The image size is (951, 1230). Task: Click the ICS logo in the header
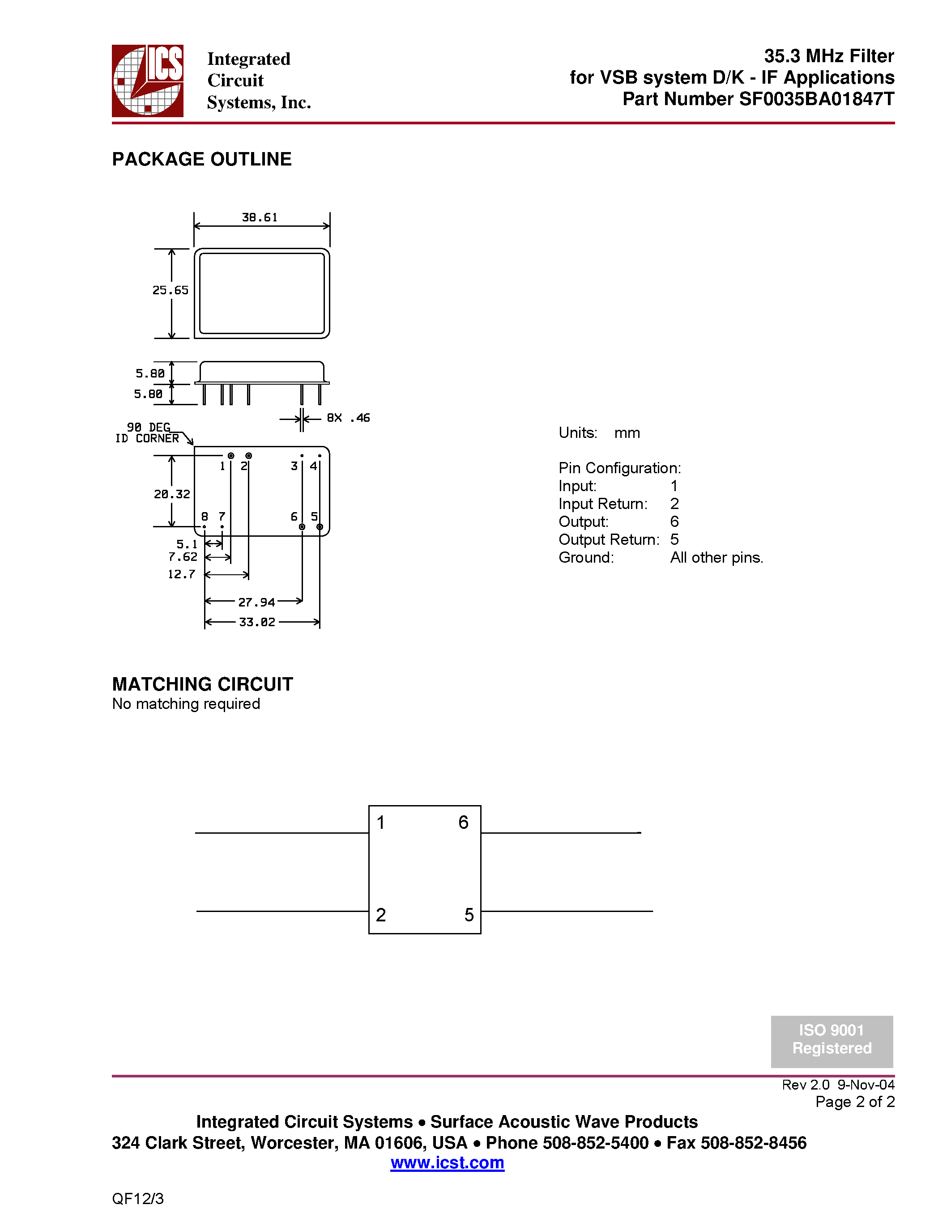[148, 81]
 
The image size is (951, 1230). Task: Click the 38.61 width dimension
[260, 217]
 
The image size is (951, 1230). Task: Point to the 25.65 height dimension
[170, 290]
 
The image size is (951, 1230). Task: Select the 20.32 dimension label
[172, 494]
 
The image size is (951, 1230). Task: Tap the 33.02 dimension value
[257, 622]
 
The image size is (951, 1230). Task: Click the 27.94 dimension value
[256, 602]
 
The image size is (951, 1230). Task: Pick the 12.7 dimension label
[181, 574]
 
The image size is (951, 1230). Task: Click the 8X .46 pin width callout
[348, 418]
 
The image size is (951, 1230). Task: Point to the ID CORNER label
[147, 438]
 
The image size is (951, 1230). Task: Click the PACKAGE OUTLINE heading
[202, 159]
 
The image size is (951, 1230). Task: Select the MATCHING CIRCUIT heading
[202, 684]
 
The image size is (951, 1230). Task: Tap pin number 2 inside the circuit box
[381, 915]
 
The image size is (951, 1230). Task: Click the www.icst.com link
[448, 1162]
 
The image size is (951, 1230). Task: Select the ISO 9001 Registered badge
[832, 1041]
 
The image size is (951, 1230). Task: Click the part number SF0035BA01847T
[816, 99]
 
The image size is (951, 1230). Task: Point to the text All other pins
[716, 558]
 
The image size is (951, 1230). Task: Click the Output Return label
[609, 539]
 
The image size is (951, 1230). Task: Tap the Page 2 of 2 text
[855, 1102]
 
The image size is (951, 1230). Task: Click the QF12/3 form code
[138, 1198]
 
